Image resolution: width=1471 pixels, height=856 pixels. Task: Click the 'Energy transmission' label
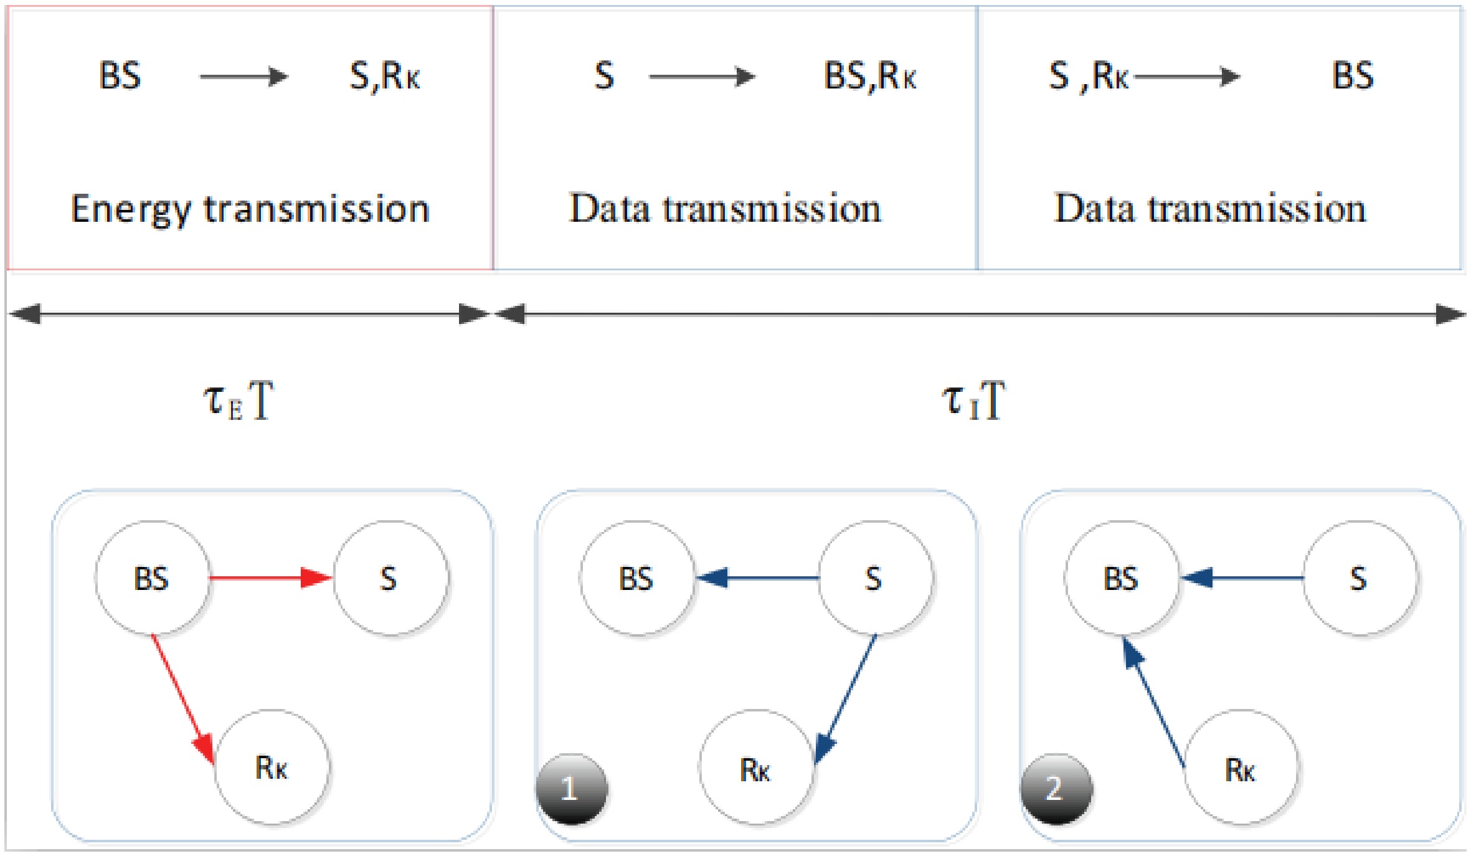point(250,209)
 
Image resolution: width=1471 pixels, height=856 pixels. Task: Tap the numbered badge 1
point(571,789)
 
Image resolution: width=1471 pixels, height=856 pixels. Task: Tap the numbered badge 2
point(1056,789)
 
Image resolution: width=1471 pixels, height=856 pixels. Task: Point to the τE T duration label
point(239,401)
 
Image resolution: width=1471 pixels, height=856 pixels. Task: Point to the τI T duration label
point(973,401)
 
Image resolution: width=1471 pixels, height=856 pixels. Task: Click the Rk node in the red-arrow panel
point(272,767)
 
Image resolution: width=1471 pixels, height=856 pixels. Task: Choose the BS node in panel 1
point(636,578)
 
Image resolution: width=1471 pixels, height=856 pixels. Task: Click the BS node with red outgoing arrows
point(151,578)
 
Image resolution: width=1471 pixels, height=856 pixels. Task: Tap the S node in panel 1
point(874,578)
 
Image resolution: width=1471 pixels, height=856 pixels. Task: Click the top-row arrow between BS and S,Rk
point(244,77)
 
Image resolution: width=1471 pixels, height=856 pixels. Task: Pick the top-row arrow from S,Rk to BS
point(1187,77)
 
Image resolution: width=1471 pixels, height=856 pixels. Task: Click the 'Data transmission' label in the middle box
point(726,209)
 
